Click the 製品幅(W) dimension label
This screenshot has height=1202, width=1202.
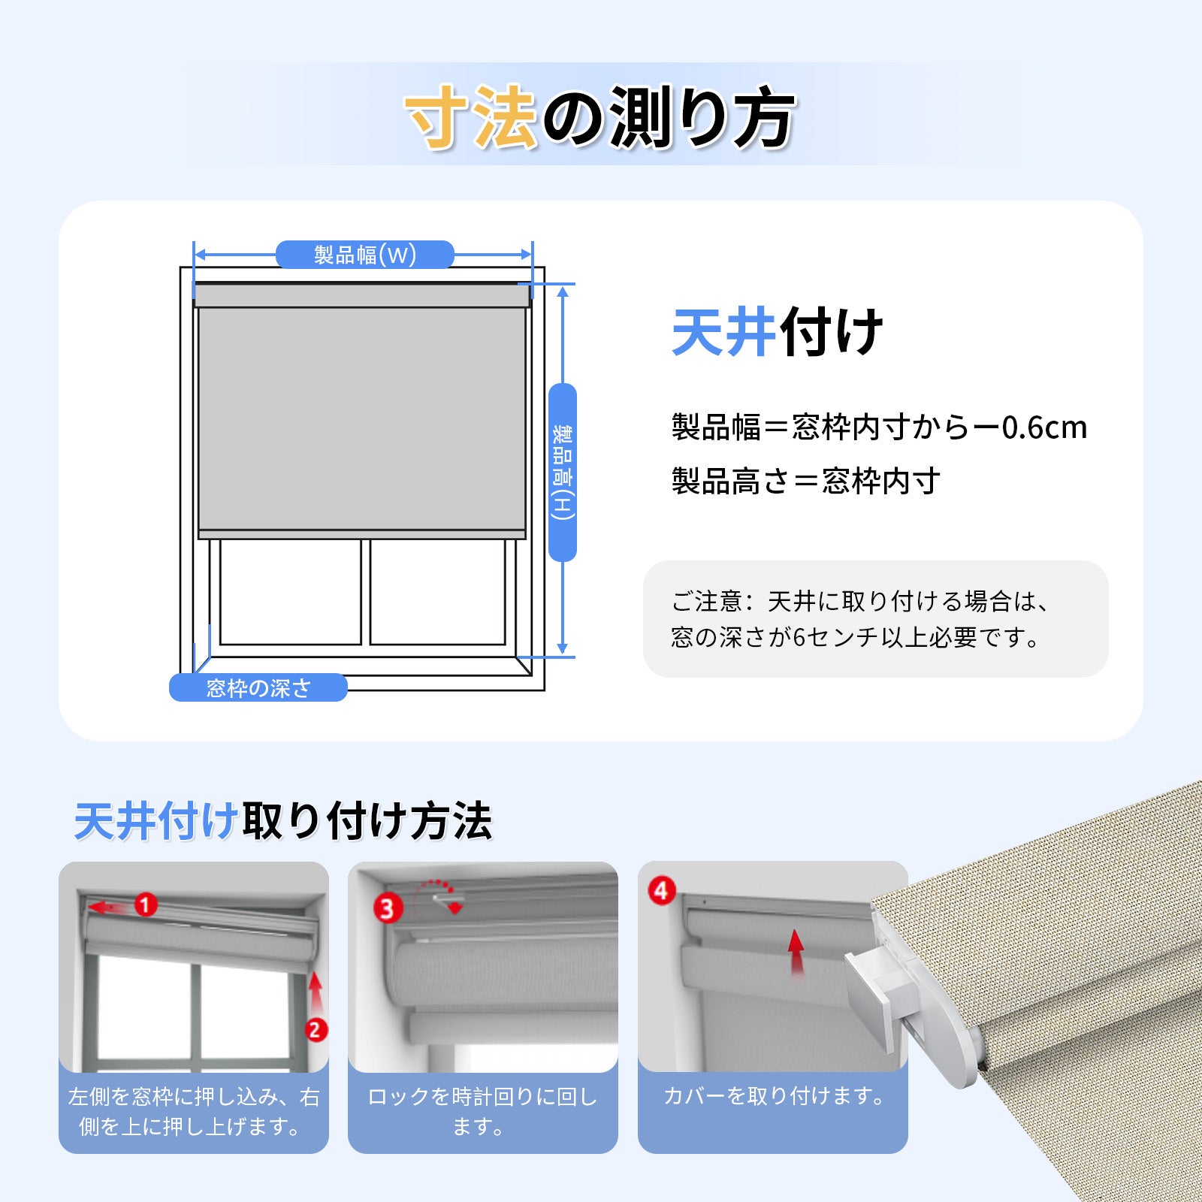click(365, 255)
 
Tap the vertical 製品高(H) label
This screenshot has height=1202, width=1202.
click(563, 473)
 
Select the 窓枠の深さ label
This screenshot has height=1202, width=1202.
click(258, 687)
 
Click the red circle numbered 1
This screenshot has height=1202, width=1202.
click(146, 905)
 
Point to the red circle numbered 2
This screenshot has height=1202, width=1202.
click(316, 1029)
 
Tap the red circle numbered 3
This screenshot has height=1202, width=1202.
click(388, 908)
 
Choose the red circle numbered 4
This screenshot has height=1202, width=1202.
click(662, 891)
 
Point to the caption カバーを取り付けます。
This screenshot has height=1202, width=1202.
click(774, 1096)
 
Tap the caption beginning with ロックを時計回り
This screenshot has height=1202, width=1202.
click(482, 1112)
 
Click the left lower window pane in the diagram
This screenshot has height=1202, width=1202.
click(291, 591)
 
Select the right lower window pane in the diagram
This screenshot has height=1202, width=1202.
click(438, 591)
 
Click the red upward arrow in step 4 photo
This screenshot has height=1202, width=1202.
click(796, 953)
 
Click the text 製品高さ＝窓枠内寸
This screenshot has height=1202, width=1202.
click(805, 481)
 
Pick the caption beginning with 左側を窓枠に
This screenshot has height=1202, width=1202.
click(194, 1112)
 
